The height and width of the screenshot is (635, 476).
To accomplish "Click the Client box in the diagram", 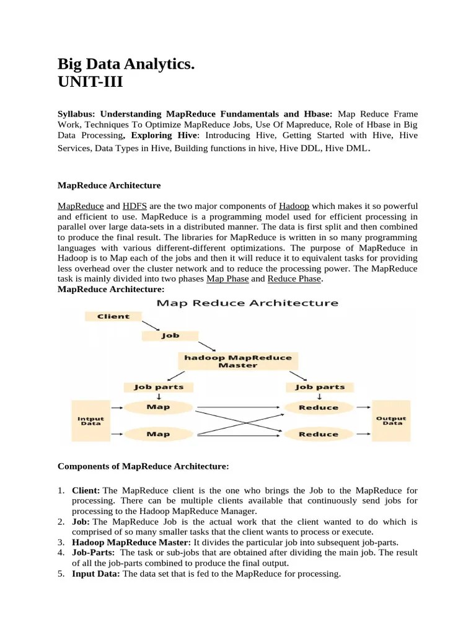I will tap(113, 316).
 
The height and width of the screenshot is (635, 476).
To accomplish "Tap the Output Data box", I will tap(391, 420).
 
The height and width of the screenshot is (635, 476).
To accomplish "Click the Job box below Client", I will tap(170, 335).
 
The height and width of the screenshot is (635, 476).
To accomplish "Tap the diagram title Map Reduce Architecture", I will tap(247, 303).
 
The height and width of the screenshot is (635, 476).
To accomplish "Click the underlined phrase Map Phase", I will tap(227, 279).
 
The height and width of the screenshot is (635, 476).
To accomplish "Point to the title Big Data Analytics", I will tap(126, 63).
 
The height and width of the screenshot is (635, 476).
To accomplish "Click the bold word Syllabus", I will tap(77, 115).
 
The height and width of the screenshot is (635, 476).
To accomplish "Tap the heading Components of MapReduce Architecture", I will tap(143, 466).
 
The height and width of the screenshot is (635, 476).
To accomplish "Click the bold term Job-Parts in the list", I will tap(94, 552).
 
